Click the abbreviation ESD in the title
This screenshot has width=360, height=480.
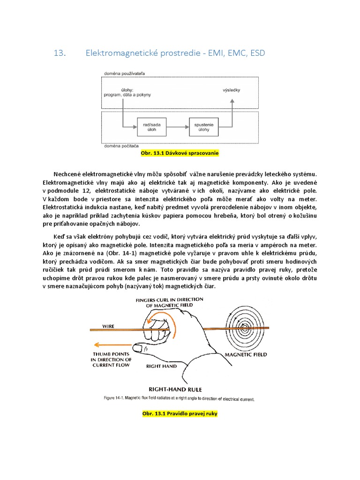click(x=257, y=53)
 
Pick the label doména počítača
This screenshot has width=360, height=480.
click(x=117, y=147)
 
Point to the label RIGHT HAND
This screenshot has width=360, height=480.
click(x=161, y=366)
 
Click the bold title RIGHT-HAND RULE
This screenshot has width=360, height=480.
click(x=175, y=389)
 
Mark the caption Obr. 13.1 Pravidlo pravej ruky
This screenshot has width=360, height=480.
click(x=180, y=415)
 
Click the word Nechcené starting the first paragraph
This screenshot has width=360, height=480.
click(x=70, y=174)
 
